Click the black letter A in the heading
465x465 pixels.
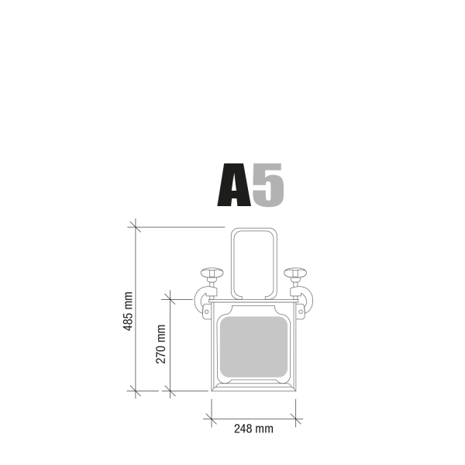(x=233, y=186)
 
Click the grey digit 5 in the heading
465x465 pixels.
(x=268, y=186)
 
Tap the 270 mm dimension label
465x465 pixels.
(x=161, y=343)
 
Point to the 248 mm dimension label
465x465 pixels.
(x=252, y=429)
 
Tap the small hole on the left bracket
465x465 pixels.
(x=207, y=311)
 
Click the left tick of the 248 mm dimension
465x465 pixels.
(x=211, y=418)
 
